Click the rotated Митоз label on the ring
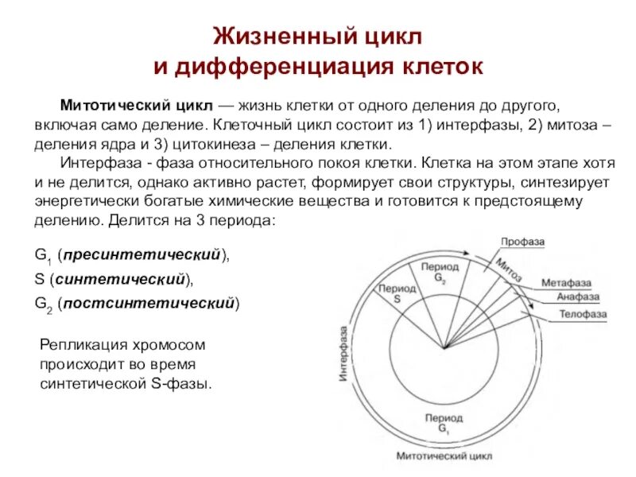pyautogui.click(x=508, y=270)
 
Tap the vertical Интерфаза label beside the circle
pyautogui.click(x=343, y=354)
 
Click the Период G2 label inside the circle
pyautogui.click(x=440, y=272)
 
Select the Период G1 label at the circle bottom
pyautogui.click(x=444, y=423)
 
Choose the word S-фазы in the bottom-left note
pyautogui.click(x=188, y=383)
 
